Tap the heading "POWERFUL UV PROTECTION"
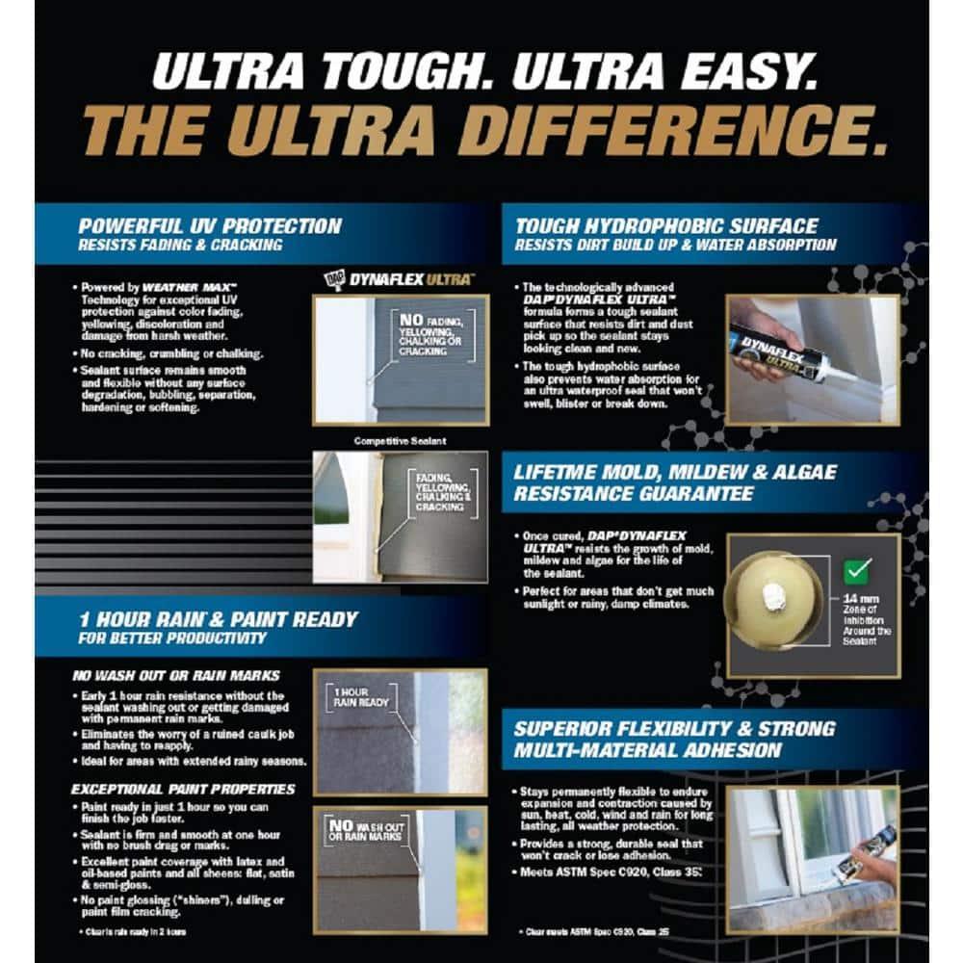pos(210,226)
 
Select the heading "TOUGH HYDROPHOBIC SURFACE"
pos(666,227)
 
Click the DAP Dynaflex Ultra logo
pos(397,279)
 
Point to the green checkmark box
pos(855,570)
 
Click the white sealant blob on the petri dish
pos(772,597)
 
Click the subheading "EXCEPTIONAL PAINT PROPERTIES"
pos(183,790)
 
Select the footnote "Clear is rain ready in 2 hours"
pos(132,932)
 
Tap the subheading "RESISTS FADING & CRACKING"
pos(181,245)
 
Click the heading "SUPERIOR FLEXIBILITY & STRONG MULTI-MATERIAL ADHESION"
pos(674,739)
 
